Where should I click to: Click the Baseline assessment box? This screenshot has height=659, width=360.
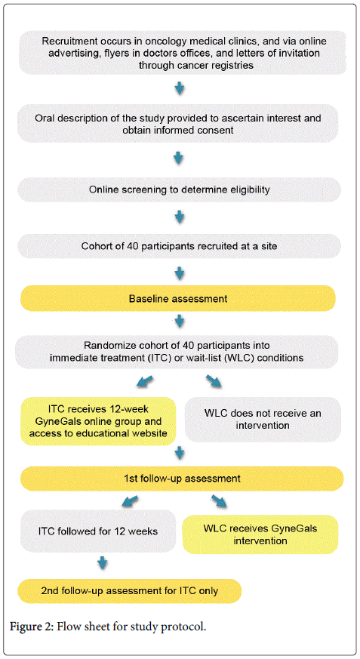click(x=178, y=298)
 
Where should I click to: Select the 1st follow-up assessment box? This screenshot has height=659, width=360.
click(x=182, y=479)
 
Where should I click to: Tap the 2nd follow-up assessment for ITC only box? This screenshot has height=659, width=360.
click(x=129, y=591)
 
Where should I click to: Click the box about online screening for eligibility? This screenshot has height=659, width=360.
click(x=179, y=189)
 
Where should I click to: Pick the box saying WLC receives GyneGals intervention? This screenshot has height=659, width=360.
click(x=260, y=534)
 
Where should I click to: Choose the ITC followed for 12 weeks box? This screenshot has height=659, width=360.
click(x=98, y=531)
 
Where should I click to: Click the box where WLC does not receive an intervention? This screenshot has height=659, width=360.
click(x=263, y=420)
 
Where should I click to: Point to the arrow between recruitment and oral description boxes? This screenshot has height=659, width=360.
click(x=180, y=88)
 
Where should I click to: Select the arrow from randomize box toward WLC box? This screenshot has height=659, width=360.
click(x=214, y=383)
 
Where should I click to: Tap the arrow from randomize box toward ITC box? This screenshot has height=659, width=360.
click(x=144, y=383)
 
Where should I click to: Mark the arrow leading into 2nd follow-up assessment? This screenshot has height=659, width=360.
click(x=102, y=563)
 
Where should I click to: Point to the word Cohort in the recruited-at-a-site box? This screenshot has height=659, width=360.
click(x=97, y=246)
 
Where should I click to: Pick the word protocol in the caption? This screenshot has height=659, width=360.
click(x=187, y=628)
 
